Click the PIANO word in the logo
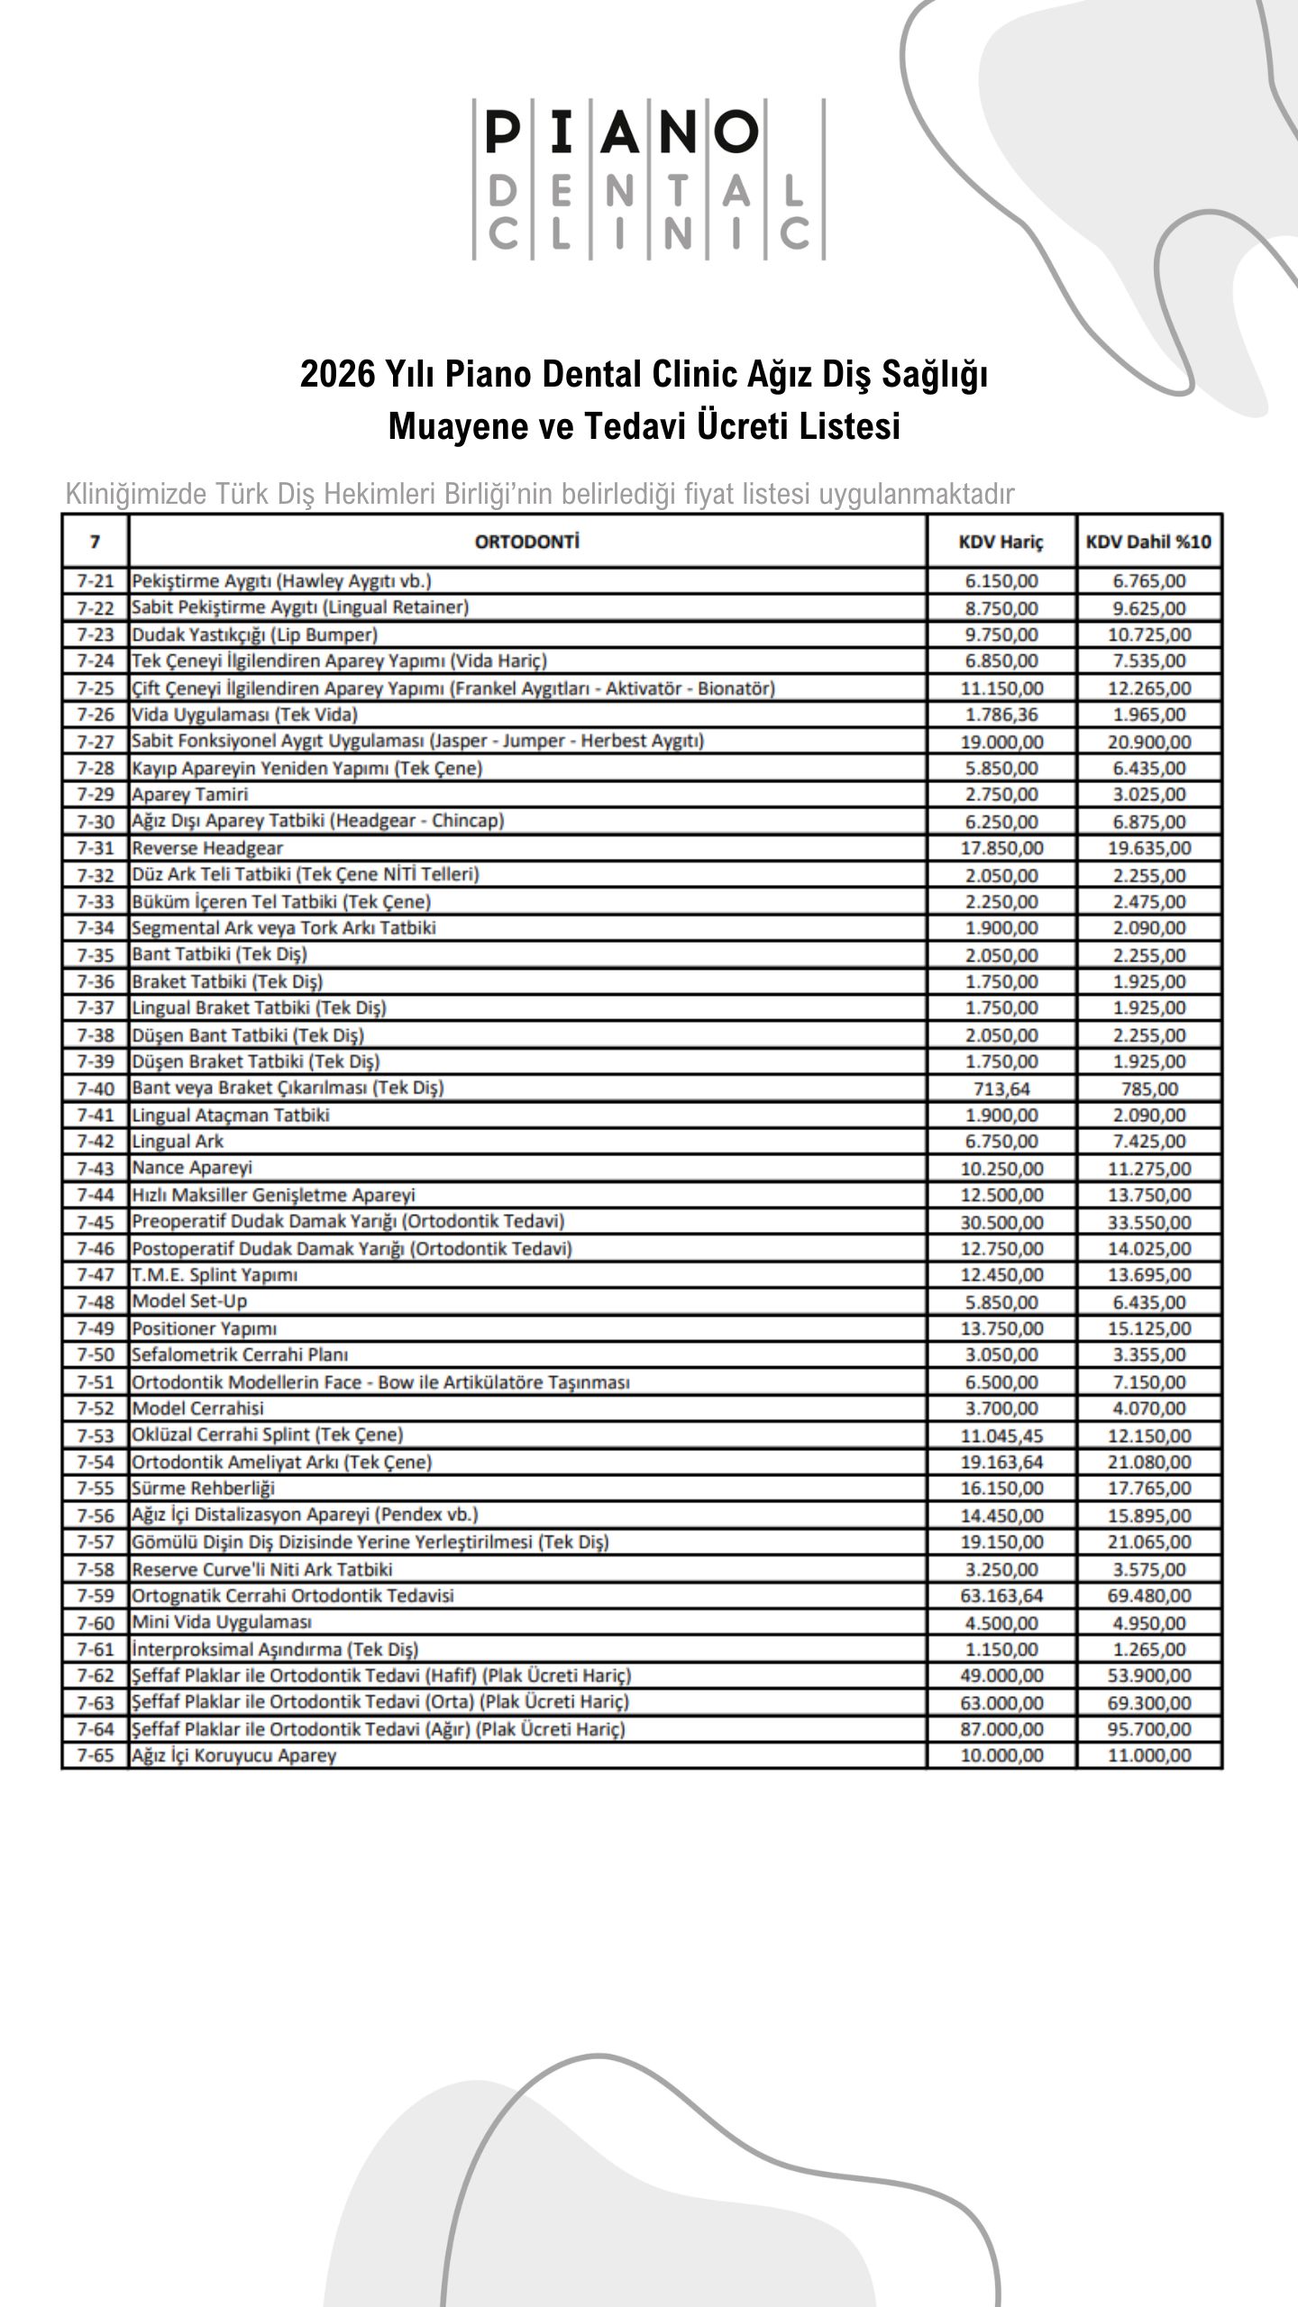coord(622,132)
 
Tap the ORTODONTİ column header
coord(526,542)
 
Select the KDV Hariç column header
coord(1001,542)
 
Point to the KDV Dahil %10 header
coord(1148,542)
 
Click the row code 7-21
coord(96,581)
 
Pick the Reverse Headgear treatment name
coord(207,848)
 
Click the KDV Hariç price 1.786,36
coord(1001,715)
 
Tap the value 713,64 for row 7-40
coord(1001,1089)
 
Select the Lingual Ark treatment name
coord(178,1142)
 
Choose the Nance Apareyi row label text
coord(192,1168)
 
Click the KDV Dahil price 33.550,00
coord(1149,1222)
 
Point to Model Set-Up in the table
coord(189,1301)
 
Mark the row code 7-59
coord(96,1596)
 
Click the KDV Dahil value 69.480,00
coord(1149,1596)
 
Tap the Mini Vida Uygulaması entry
coord(222,1622)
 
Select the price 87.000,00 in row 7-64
coord(1001,1728)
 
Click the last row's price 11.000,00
coord(1149,1755)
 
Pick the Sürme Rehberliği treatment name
coord(204,1489)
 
